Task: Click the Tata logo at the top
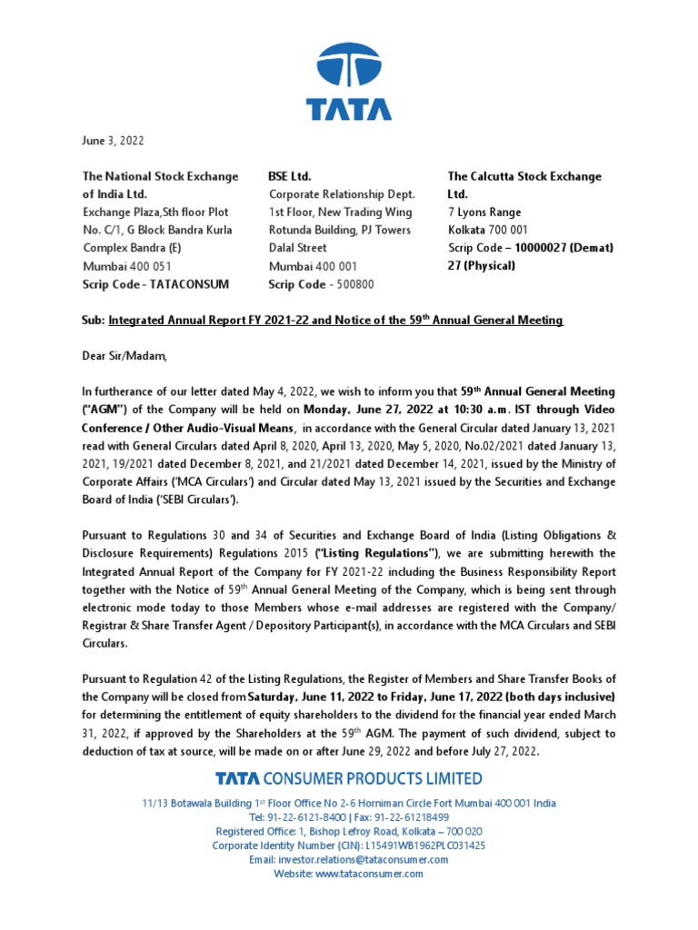click(x=349, y=82)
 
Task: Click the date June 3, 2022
click(x=113, y=141)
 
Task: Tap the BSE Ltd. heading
click(x=290, y=176)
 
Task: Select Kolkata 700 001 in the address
click(x=487, y=230)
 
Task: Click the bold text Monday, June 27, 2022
click(x=382, y=409)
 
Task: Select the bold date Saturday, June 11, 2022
click(x=314, y=697)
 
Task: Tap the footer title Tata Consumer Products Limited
click(x=349, y=778)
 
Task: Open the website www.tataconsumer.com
click(x=369, y=874)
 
